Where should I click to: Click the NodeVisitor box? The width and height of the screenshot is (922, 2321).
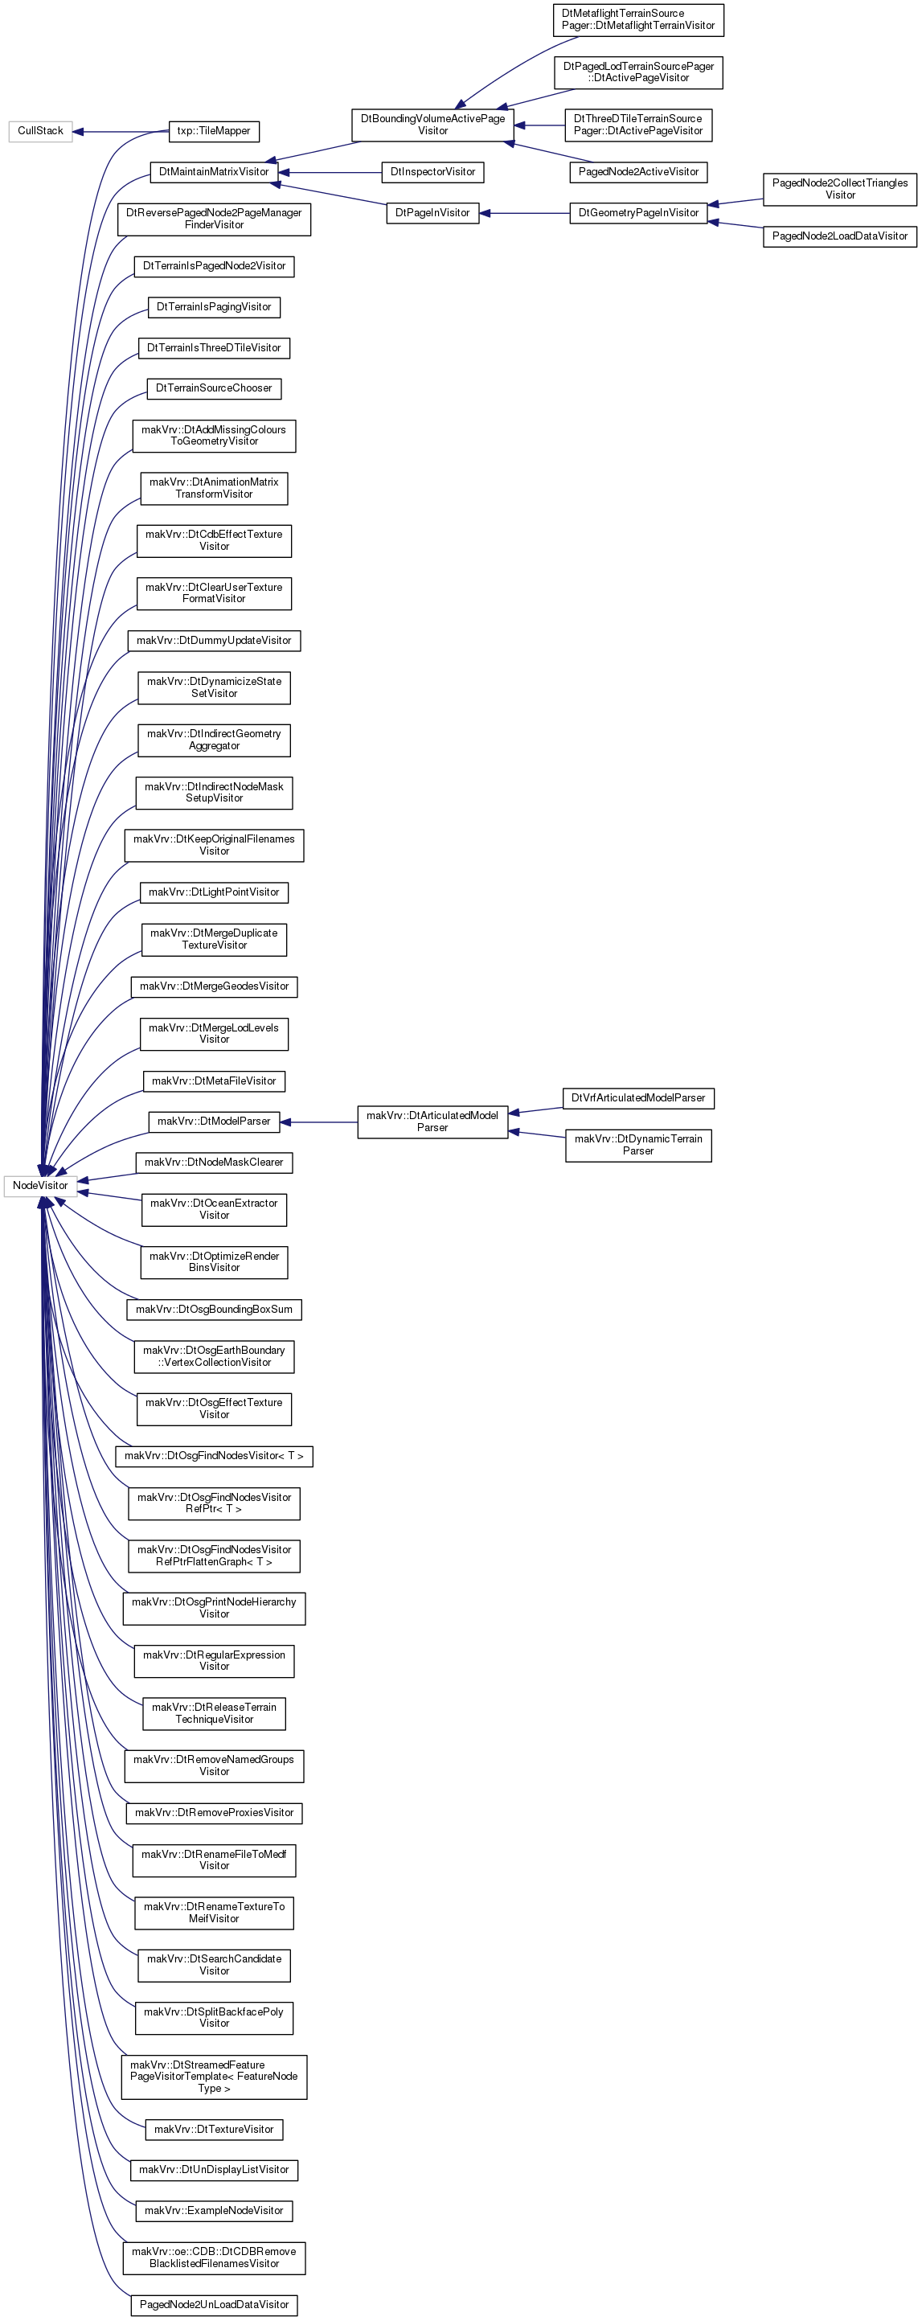point(39,1186)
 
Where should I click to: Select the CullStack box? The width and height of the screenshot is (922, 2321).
point(39,132)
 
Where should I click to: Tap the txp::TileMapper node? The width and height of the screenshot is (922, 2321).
point(214,132)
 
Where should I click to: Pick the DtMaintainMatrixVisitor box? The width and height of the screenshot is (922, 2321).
point(214,172)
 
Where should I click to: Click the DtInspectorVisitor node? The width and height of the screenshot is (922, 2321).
point(432,172)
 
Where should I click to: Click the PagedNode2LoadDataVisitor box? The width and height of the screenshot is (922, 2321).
point(840,236)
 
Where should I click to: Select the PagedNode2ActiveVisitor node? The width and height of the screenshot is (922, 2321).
point(638,172)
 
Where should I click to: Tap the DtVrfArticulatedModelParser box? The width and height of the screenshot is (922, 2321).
point(638,1098)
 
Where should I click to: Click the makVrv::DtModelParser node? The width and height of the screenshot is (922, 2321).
point(214,1122)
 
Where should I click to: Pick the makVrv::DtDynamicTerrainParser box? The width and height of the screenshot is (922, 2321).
point(638,1145)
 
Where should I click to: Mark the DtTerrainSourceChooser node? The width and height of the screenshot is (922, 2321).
point(214,388)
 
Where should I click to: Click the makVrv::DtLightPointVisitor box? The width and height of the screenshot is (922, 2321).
point(214,893)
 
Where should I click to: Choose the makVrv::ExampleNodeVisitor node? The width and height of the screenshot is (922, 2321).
point(214,2211)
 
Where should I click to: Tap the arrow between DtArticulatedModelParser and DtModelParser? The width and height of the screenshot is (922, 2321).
point(318,1122)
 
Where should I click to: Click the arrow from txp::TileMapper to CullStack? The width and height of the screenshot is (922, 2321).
point(120,132)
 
